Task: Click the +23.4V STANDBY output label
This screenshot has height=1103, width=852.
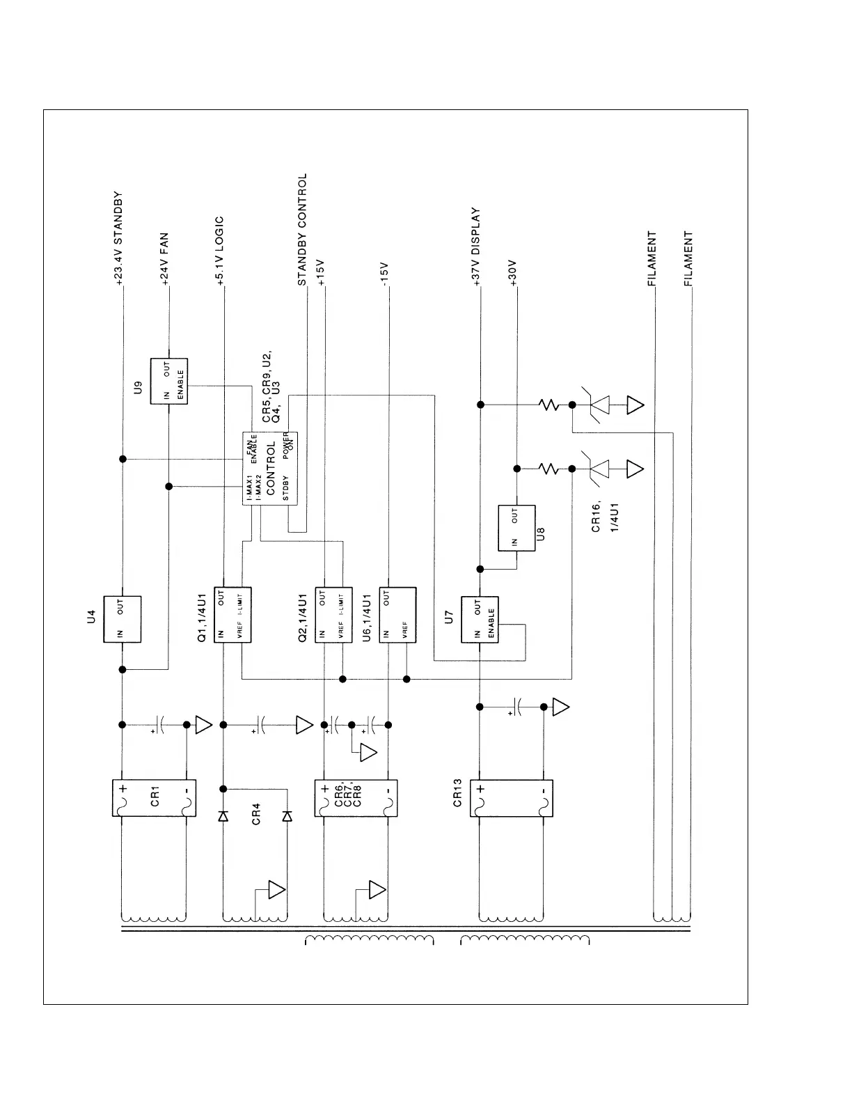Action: [118, 239]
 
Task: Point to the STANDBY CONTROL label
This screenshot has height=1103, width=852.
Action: [302, 230]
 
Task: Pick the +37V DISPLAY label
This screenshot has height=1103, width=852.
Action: [477, 247]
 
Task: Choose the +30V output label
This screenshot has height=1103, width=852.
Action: [513, 273]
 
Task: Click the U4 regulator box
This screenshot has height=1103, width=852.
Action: [123, 619]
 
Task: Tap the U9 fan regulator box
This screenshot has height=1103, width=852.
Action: [169, 382]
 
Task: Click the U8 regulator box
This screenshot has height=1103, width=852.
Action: [516, 528]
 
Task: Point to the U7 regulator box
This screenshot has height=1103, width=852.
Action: [480, 619]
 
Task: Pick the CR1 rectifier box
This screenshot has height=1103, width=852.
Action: [155, 797]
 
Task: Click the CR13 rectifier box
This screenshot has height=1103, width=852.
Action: [512, 797]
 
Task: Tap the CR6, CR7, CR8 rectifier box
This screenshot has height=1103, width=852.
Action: [356, 797]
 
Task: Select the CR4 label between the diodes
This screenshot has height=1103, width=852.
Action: [255, 815]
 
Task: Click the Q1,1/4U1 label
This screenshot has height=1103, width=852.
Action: [202, 618]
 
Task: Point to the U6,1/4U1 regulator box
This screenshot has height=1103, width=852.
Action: [397, 615]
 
